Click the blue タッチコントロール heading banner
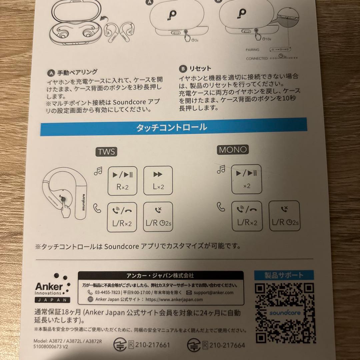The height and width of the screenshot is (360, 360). [x=177, y=128]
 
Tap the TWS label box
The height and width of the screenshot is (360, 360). [x=106, y=152]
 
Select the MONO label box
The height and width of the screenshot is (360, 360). [x=233, y=150]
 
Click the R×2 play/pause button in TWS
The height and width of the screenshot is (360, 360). [x=122, y=181]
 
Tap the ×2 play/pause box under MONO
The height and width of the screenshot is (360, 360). [x=246, y=179]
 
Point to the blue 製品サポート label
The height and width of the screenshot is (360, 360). [x=284, y=275]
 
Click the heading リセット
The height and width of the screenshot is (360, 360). [x=200, y=69]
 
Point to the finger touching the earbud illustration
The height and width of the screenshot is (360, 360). [x=67, y=210]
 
